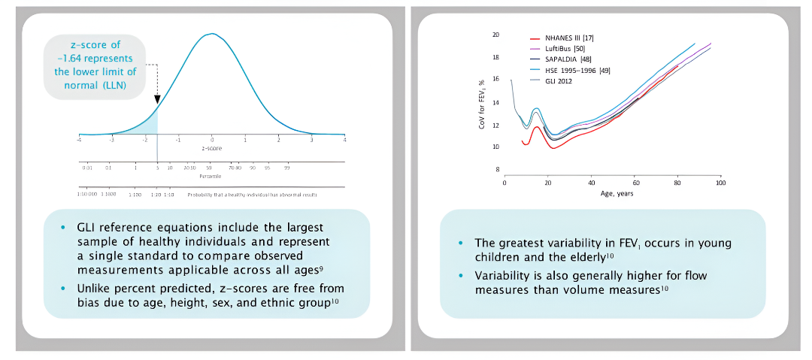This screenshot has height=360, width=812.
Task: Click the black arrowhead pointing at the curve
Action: (x=157, y=98)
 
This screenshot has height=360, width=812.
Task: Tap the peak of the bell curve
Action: (x=212, y=34)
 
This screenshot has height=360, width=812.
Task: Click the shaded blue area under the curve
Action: (x=153, y=126)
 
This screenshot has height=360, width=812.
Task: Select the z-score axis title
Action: (x=212, y=149)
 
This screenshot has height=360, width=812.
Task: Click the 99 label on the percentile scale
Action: (x=286, y=168)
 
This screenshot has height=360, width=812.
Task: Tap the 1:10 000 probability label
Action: (x=86, y=194)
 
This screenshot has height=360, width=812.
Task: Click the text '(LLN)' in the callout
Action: (x=112, y=86)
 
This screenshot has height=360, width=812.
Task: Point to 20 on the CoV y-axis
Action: (x=495, y=35)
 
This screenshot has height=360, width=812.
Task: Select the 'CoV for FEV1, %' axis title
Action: (x=482, y=102)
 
